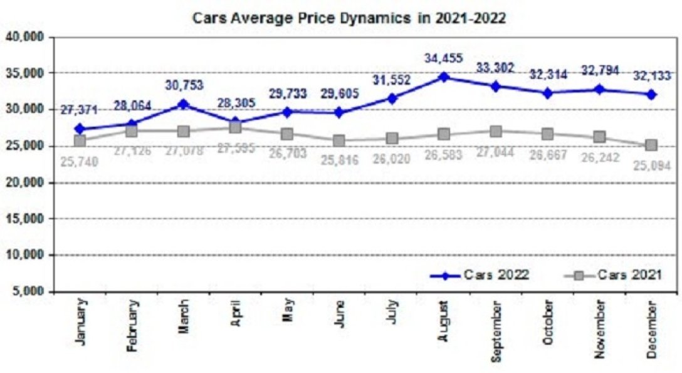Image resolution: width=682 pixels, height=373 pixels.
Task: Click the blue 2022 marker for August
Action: click(x=444, y=76)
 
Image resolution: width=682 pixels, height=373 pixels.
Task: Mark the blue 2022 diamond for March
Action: click(x=184, y=104)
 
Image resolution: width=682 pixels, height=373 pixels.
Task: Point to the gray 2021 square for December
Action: click(x=651, y=145)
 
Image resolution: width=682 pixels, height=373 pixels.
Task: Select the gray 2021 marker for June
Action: click(x=339, y=140)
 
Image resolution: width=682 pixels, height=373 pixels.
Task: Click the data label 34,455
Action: click(x=444, y=59)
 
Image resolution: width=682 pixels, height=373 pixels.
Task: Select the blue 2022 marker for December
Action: click(x=651, y=95)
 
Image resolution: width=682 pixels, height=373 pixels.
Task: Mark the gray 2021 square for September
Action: click(x=496, y=132)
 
